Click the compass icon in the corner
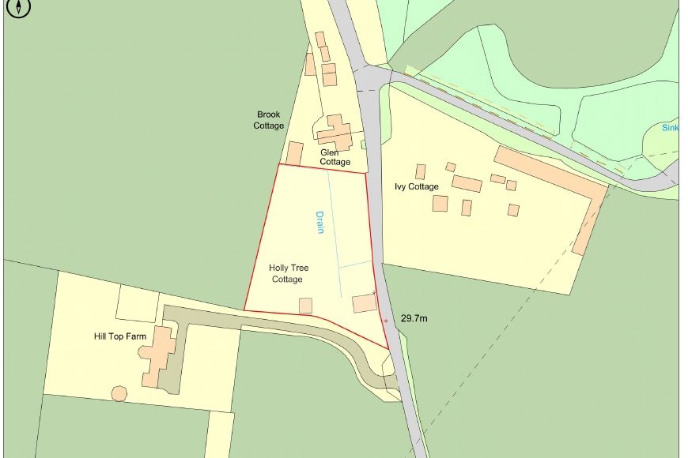tap(18, 8)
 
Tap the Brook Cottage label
tap(268, 120)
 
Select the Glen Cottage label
tap(335, 157)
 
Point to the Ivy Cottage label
tap(416, 186)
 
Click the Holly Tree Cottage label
tap(288, 273)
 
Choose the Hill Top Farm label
tap(120, 336)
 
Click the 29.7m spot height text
tap(414, 319)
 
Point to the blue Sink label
tap(671, 127)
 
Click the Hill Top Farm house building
tap(161, 355)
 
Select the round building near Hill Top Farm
tap(119, 392)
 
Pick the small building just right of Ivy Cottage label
tap(421, 171)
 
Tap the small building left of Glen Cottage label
tap(294, 153)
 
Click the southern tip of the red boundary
tap(388, 347)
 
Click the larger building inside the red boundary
tap(365, 303)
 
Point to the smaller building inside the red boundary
tap(305, 306)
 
